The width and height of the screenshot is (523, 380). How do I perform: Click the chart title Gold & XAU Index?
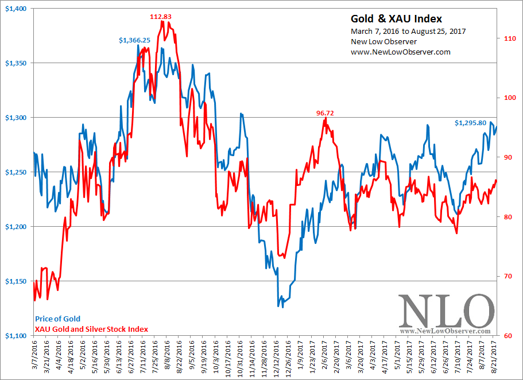[x=397, y=18]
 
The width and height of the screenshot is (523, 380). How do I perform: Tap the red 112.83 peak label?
[x=161, y=17]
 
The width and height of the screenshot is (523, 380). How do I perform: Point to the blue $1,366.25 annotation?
[x=135, y=40]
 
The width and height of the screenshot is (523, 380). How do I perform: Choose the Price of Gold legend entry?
[x=57, y=319]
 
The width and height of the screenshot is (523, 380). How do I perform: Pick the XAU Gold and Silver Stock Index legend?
[x=91, y=329]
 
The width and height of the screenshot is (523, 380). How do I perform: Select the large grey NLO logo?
[x=445, y=312]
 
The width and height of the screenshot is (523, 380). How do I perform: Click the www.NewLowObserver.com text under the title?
[x=400, y=52]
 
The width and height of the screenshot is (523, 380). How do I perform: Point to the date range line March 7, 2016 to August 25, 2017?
[x=408, y=31]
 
